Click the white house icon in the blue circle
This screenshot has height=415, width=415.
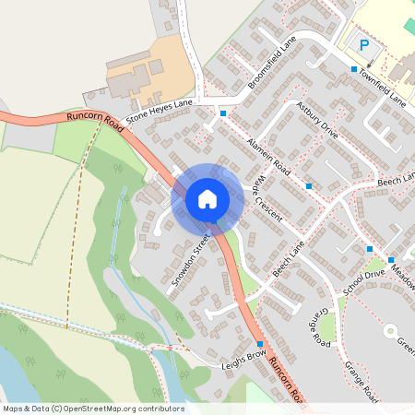pyautogui.click(x=207, y=198)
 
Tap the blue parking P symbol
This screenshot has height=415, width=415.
pyautogui.click(x=363, y=44)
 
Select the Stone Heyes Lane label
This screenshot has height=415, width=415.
pyautogui.click(x=160, y=113)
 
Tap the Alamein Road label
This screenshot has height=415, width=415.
pyautogui.click(x=269, y=158)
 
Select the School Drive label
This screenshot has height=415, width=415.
pyautogui.click(x=362, y=281)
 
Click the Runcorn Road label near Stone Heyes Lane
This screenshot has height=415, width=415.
pyautogui.click(x=95, y=119)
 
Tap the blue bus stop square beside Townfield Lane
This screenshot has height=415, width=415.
pyautogui.click(x=353, y=69)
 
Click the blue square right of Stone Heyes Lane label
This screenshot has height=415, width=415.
pyautogui.click(x=222, y=113)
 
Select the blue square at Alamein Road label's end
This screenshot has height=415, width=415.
pyautogui.click(x=308, y=186)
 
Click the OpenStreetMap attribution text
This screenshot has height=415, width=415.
pyautogui.click(x=92, y=409)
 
